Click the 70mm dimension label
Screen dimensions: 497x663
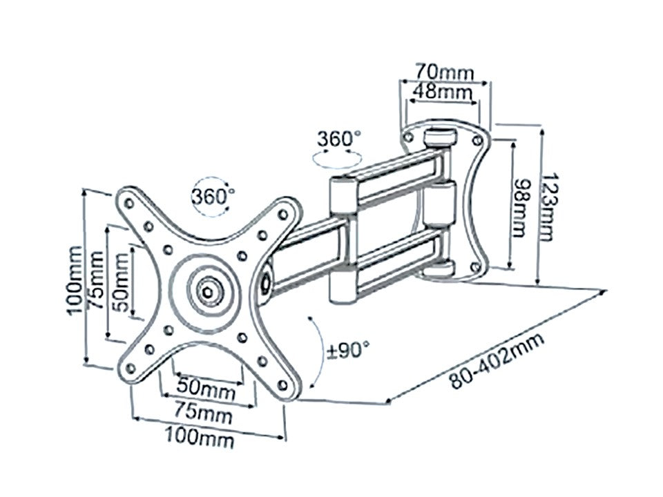coord(443,70)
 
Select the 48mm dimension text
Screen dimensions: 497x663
coord(442,90)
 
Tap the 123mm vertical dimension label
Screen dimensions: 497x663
coord(546,207)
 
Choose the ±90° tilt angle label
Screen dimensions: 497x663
coord(348,351)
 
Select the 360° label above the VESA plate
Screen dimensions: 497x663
coord(213,195)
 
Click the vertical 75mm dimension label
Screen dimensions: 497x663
coord(96,280)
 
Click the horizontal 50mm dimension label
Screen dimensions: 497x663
coord(204,391)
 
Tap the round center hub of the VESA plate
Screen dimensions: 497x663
coord(206,290)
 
